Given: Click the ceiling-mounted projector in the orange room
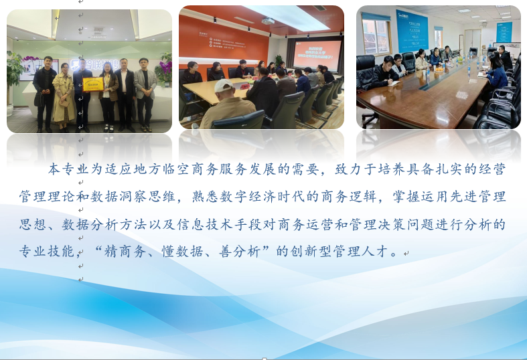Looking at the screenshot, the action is [x=268, y=21].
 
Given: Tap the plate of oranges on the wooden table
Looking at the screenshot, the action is [x=438, y=69].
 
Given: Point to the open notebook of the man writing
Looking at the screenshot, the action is [x=395, y=83].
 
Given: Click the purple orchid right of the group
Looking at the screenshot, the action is [x=165, y=66].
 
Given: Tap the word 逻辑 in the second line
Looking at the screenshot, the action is [x=363, y=197].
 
